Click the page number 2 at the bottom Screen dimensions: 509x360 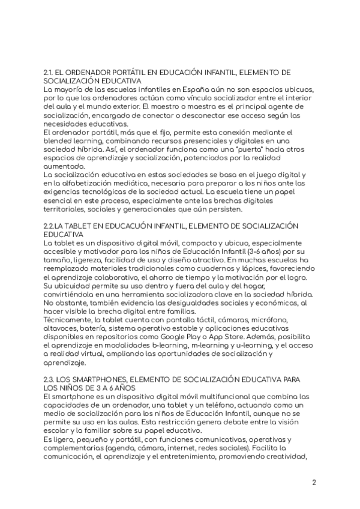pyautogui.click(x=314, y=483)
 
